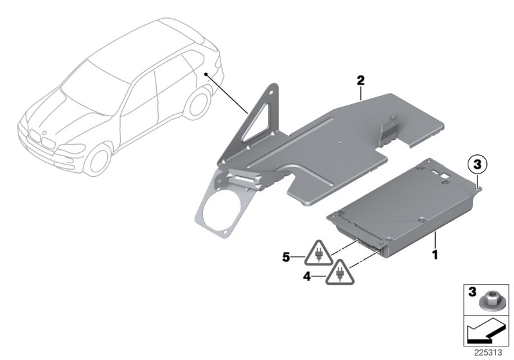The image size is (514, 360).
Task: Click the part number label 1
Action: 435,255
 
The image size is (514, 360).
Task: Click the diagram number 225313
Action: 490,352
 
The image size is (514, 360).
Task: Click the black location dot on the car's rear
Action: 206,75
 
